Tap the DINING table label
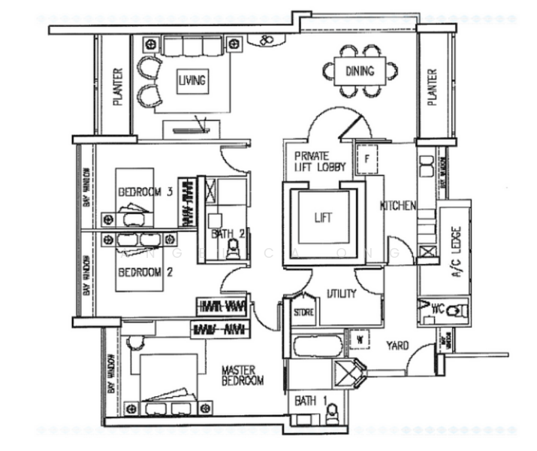point(360,72)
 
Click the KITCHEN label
point(398,206)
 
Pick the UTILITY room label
point(341,294)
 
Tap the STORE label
point(303,311)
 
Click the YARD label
point(397,346)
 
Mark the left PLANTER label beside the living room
point(118,87)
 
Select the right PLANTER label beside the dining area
point(432,87)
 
